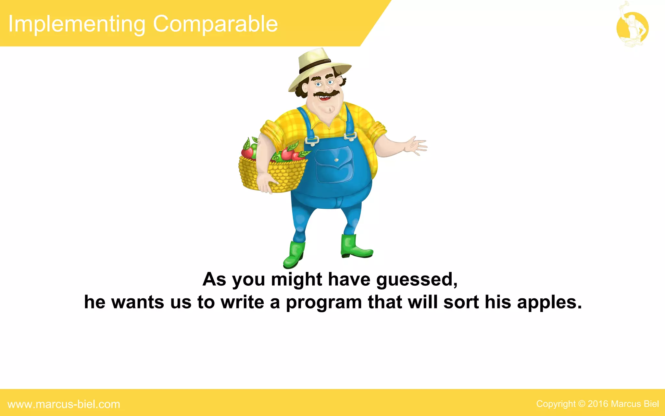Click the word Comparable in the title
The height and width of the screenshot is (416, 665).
tap(215, 24)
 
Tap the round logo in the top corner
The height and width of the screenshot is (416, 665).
tap(632, 28)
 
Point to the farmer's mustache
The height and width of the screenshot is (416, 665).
tap(326, 94)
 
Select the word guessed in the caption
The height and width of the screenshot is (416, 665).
tap(417, 279)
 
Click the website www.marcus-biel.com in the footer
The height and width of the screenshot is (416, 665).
tap(64, 404)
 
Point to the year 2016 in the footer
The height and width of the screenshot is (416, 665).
tap(598, 404)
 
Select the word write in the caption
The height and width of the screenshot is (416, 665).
tap(242, 302)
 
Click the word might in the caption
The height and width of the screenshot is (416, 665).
tap(296, 279)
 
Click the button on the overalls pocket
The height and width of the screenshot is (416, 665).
tap(336, 160)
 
